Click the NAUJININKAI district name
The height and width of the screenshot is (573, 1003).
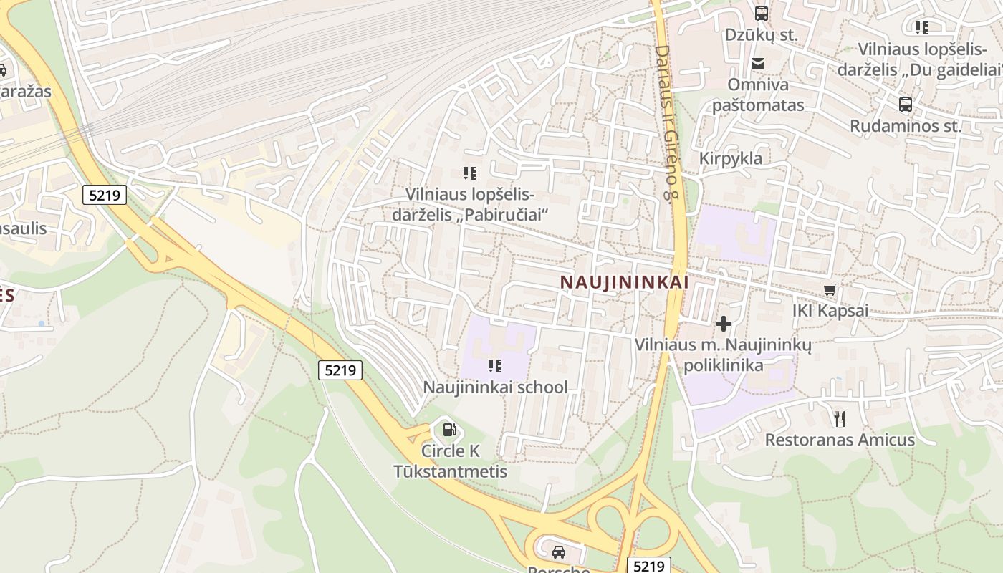(624, 282)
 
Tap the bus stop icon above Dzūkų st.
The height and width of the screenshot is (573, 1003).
(761, 13)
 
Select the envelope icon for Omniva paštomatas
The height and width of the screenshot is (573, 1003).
(758, 64)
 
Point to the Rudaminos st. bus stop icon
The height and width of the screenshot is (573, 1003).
(906, 105)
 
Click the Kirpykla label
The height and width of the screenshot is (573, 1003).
(731, 158)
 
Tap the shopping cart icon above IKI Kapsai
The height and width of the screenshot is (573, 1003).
(830, 290)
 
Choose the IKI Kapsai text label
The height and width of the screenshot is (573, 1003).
(830, 311)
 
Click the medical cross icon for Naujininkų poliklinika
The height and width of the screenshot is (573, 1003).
(724, 324)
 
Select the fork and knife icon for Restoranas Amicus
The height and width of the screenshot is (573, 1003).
(840, 418)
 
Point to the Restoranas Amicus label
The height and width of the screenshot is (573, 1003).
(840, 439)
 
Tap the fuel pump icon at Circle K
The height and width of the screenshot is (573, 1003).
(449, 430)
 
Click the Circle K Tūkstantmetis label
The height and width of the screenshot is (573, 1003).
(451, 461)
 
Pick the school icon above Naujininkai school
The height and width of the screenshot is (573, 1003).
(494, 366)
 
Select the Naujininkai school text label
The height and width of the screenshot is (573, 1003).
(495, 387)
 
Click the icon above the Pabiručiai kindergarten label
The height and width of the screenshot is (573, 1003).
(470, 173)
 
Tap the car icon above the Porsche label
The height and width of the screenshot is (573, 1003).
(559, 552)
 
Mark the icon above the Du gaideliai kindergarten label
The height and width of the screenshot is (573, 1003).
(922, 28)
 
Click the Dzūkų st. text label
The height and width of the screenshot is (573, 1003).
(761, 34)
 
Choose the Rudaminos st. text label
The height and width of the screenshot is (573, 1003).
(905, 126)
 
